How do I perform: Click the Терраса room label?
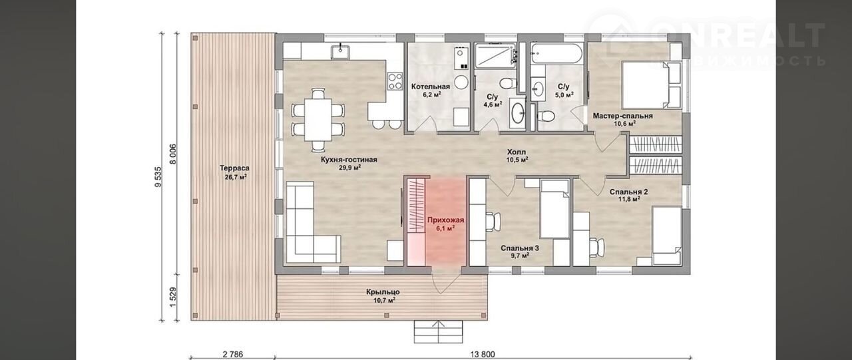(234, 168)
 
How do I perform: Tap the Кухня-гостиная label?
(349, 160)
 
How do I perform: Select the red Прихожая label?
(445, 220)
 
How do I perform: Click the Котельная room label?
(431, 87)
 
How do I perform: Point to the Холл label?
(517, 152)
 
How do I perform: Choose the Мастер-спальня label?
(622, 116)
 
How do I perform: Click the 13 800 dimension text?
(482, 355)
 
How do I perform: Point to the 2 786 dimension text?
(233, 355)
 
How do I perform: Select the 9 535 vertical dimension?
(158, 177)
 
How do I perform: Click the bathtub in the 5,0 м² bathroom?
(556, 54)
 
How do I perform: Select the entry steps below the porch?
(439, 332)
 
